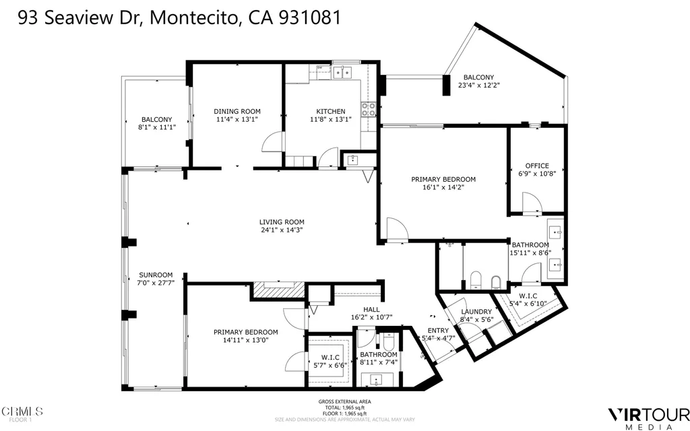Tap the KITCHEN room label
pyautogui.click(x=331, y=112)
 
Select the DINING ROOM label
pyautogui.click(x=237, y=112)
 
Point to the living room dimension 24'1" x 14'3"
pyautogui.click(x=282, y=230)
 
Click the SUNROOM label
pyautogui.click(x=156, y=275)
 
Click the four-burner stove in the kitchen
pyautogui.click(x=369, y=109)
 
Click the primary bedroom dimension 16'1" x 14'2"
pyautogui.click(x=443, y=188)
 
